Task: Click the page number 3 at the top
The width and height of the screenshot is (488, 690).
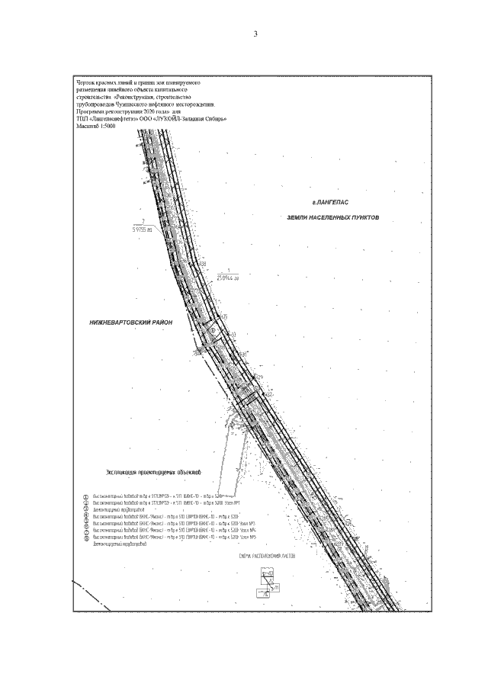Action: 256,34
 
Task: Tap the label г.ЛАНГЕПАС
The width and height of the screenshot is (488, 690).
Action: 330,203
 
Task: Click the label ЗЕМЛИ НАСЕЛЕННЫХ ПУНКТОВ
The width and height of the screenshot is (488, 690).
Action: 332,217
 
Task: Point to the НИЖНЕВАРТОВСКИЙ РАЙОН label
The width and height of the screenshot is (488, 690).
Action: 131,323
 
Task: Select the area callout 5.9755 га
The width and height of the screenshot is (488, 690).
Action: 143,228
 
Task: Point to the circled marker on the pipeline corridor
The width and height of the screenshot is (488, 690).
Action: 216,329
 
